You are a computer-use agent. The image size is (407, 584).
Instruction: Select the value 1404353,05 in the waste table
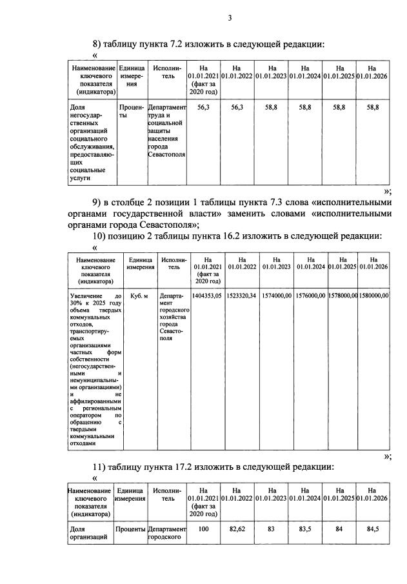click(207, 295)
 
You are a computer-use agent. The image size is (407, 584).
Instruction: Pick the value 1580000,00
click(374, 295)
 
